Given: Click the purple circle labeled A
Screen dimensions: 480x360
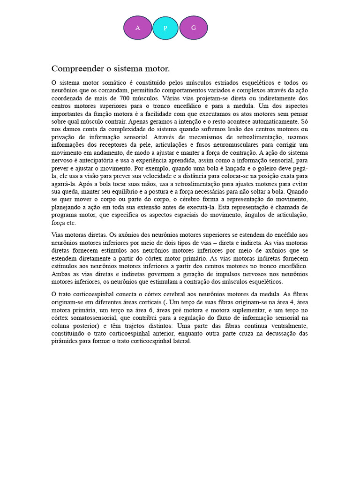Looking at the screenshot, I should click(x=138, y=28).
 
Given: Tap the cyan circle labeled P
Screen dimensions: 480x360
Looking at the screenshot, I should click(x=165, y=28).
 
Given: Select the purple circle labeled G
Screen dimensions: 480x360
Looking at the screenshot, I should click(x=194, y=28).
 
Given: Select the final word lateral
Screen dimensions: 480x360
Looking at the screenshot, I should click(x=181, y=341).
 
